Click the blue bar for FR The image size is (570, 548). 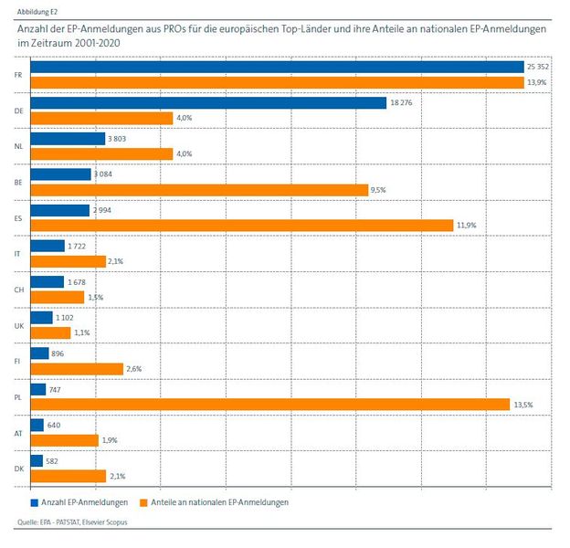coord(277,68)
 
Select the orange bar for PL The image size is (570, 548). coord(269,405)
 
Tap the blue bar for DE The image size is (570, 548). coord(208,103)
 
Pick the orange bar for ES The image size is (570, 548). coord(241,226)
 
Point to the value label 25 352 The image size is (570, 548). coord(538,68)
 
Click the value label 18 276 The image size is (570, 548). coord(402,103)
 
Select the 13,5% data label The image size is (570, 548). coord(524,405)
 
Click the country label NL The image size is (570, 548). coord(18,146)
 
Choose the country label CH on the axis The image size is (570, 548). coord(18,290)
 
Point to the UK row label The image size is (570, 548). coord(18,325)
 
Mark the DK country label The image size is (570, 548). coord(18,469)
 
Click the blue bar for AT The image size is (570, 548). coord(37,425)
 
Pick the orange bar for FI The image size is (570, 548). coord(77,369)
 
